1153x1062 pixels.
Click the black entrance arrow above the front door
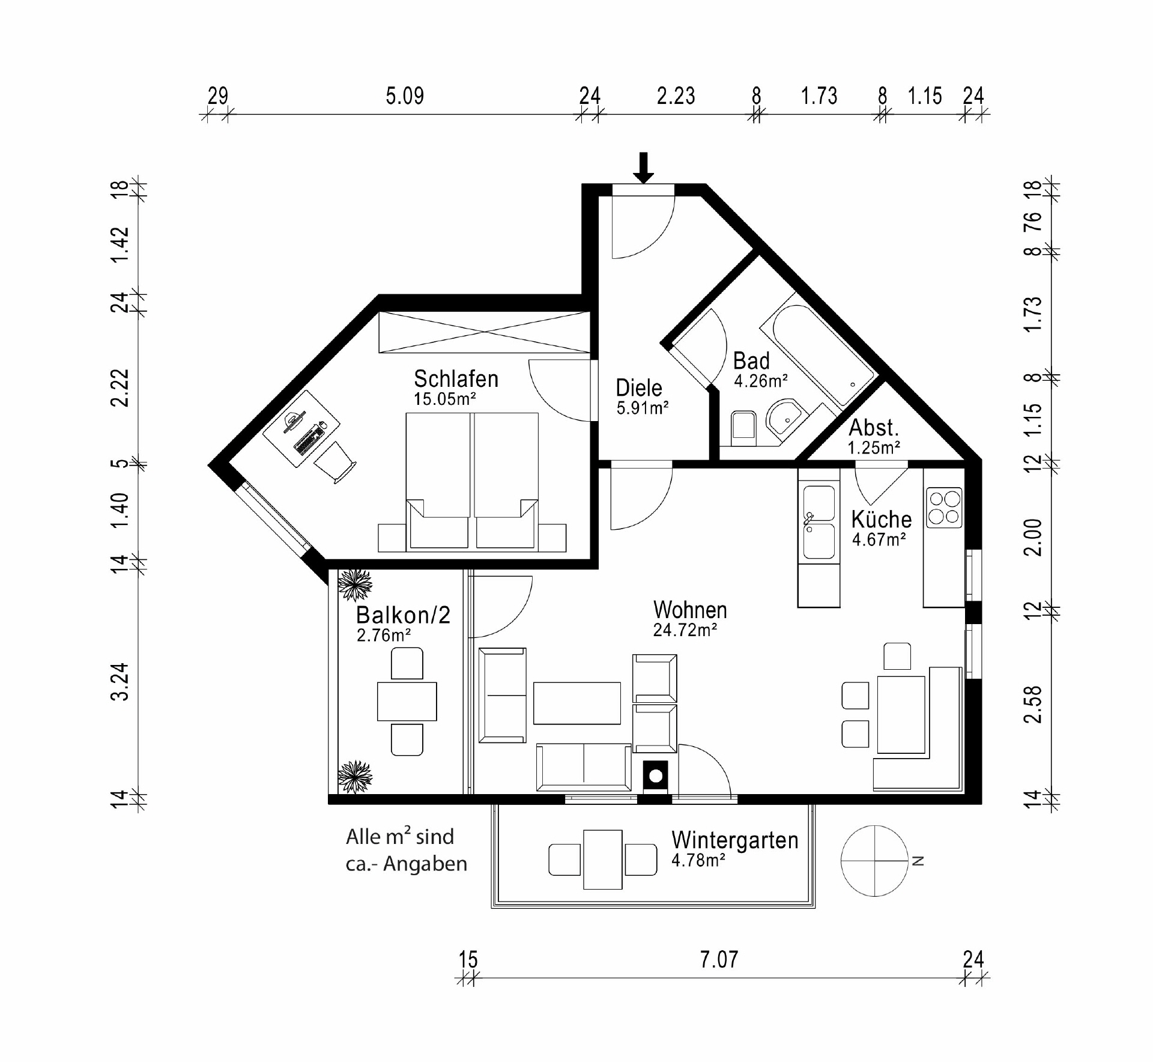(x=644, y=168)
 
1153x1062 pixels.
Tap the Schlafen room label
(x=456, y=379)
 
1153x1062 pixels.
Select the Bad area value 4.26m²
(x=761, y=381)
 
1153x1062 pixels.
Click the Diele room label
(x=639, y=388)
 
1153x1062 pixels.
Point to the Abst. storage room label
(x=874, y=428)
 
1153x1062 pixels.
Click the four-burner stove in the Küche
(x=944, y=508)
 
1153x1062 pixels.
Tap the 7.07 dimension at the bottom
(x=719, y=959)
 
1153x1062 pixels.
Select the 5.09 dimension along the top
(x=405, y=96)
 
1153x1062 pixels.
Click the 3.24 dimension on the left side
(x=121, y=681)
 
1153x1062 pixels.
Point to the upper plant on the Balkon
(x=355, y=584)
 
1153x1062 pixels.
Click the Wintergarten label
(x=735, y=840)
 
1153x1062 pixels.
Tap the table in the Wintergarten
(x=603, y=860)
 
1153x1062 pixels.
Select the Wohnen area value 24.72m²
(x=685, y=630)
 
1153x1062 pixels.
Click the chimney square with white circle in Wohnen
(x=656, y=776)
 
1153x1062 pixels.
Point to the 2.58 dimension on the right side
(x=1032, y=704)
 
